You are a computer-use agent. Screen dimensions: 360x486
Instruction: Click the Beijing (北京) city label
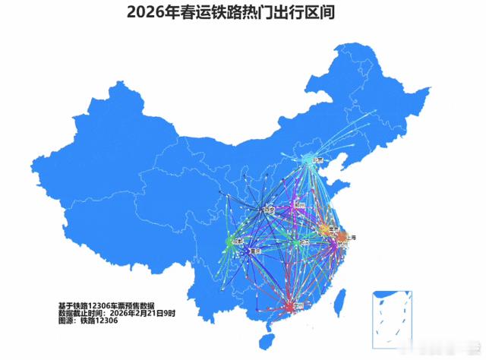319,160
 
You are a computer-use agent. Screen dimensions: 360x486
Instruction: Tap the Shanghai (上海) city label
352,237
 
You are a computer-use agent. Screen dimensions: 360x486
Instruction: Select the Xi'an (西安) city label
267,210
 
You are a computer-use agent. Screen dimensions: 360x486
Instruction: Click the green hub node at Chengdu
229,243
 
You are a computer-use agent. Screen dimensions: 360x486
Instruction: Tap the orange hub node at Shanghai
341,238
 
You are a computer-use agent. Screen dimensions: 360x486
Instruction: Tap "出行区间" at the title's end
308,13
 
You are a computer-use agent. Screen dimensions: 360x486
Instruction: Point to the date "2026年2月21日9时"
147,313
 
